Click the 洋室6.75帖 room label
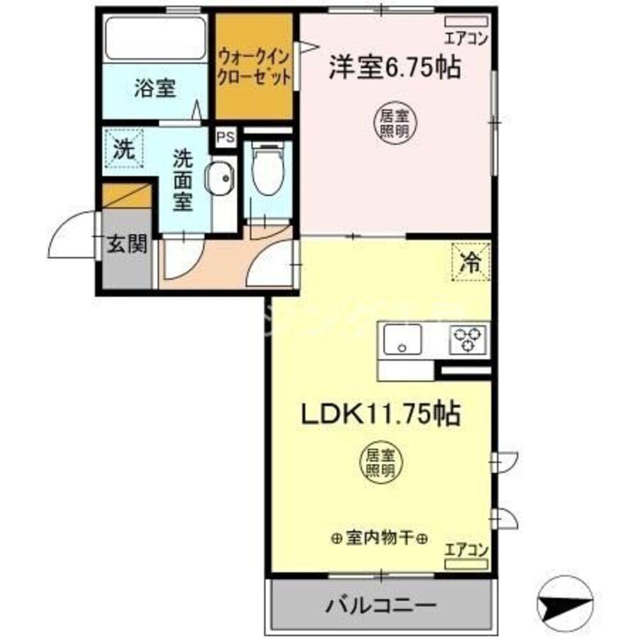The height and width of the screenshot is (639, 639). point(394,67)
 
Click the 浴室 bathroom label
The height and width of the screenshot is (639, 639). point(155,89)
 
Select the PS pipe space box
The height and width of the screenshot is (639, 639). point(225,137)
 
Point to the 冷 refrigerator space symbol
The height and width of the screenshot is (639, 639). point(472,262)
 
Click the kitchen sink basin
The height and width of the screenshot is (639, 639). point(403,339)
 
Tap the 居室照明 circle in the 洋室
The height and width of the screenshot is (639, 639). point(391,121)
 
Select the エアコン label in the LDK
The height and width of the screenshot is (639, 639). point(466,549)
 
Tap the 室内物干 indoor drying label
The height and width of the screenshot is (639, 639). point(380,539)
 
